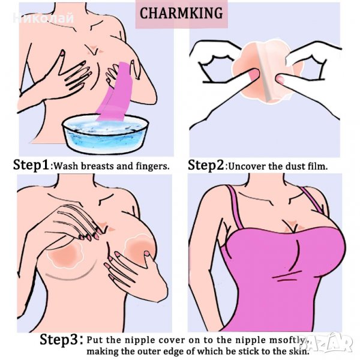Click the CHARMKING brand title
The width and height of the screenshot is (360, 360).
pyautogui.click(x=181, y=13)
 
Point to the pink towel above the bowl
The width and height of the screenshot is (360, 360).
pyautogui.click(x=115, y=91)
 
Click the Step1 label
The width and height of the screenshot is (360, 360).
pyautogui.click(x=31, y=166)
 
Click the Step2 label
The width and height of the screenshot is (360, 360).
pyautogui.click(x=206, y=166)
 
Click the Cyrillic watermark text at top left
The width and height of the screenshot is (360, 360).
pyautogui.click(x=43, y=18)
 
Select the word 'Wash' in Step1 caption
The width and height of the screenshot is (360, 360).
pyautogui.click(x=66, y=166)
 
